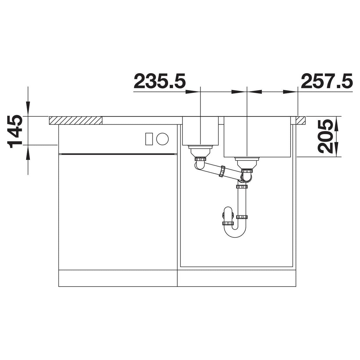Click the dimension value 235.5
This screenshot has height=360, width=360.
(160, 81)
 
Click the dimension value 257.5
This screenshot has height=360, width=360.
(327, 81)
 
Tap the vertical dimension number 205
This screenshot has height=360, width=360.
(325, 136)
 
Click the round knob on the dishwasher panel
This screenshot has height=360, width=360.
(162, 139)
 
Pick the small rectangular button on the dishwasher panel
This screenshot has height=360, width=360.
(149, 139)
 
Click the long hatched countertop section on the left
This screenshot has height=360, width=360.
(76, 120)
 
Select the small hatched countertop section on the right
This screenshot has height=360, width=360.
(300, 120)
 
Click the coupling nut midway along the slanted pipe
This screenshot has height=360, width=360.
(222, 171)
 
